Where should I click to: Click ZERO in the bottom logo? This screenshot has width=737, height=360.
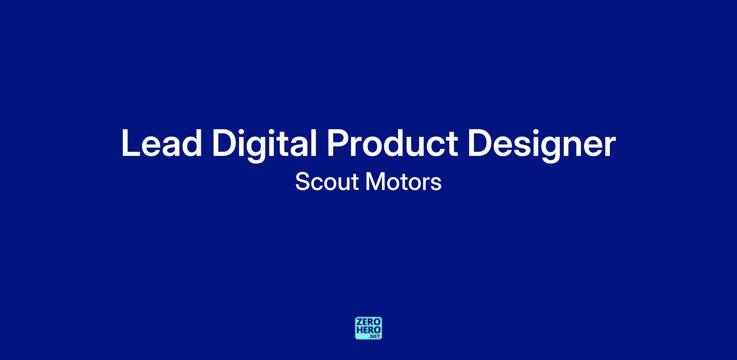tap(368, 322)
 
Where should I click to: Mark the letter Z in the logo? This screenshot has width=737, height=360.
tap(359, 322)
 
